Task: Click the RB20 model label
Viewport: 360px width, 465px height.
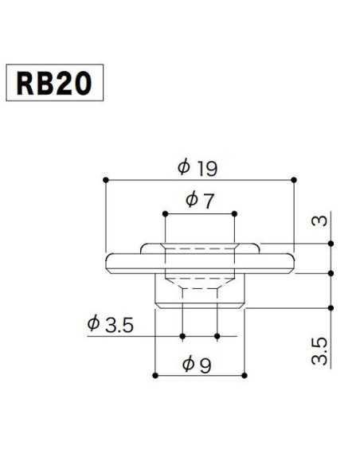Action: pos(54,83)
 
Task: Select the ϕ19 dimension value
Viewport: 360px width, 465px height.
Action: pos(198,168)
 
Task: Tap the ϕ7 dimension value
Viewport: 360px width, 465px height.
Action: pos(199,201)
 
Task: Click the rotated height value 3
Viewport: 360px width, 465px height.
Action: pos(319,219)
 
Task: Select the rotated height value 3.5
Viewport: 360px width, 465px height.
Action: pos(319,351)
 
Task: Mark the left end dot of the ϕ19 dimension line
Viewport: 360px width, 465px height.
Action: pos(105,179)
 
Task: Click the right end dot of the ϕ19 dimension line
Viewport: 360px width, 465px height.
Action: pos(294,179)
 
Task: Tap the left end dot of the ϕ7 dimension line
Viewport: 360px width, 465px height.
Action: pos(164,213)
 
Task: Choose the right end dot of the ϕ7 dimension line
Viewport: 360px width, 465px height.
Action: pos(235,213)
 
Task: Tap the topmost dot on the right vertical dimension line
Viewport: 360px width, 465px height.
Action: pos(330,243)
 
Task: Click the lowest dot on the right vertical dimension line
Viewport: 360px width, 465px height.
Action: pos(330,307)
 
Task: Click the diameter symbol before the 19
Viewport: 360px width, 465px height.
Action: pos(183,168)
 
